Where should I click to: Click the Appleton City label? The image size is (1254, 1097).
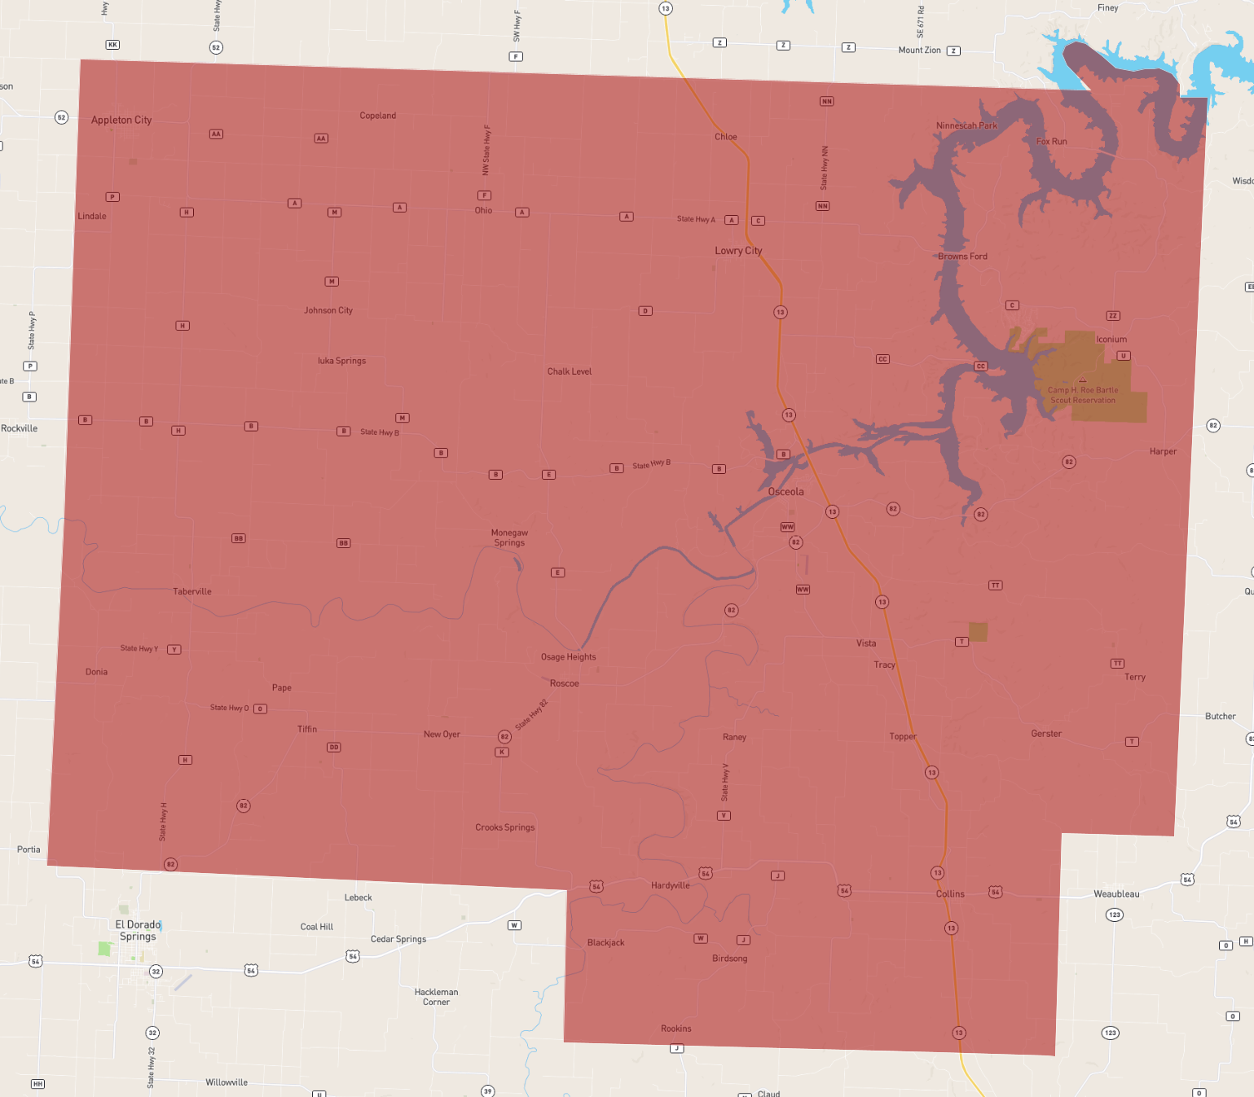[x=121, y=120]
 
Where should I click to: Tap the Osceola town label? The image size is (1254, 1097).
[x=785, y=492]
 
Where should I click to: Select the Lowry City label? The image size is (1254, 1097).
[x=738, y=251]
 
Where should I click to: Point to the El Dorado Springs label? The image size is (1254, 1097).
[x=138, y=930]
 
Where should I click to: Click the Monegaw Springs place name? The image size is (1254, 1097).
[x=509, y=538]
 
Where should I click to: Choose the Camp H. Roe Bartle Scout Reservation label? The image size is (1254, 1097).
[x=1083, y=395]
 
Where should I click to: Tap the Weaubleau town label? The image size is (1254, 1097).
[x=1116, y=893]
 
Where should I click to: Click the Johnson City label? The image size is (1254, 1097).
[x=328, y=310]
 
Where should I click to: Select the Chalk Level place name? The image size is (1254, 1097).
[x=570, y=371]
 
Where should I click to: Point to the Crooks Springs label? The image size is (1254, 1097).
[x=505, y=827]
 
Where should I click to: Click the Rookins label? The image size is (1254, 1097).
[x=676, y=1029]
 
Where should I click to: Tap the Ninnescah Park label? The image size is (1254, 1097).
[x=966, y=125]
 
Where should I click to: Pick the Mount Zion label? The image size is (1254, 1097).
[x=919, y=50]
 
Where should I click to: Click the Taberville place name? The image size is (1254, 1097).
[x=192, y=591]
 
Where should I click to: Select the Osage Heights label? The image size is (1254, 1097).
[x=568, y=657]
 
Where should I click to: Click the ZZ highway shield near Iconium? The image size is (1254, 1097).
[x=1113, y=316]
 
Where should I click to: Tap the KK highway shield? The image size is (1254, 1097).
[x=112, y=45]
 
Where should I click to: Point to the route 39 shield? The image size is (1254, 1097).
[x=487, y=1091]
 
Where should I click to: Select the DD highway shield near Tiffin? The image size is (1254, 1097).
[x=334, y=747]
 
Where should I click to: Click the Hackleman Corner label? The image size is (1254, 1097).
[x=436, y=997]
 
